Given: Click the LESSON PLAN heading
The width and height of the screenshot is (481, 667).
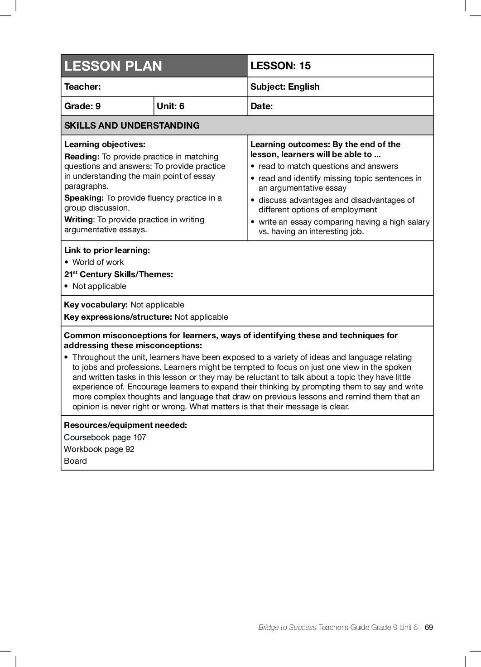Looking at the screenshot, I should pyautogui.click(x=113, y=66).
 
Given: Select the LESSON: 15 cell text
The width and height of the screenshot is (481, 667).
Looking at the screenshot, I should pyautogui.click(x=280, y=66).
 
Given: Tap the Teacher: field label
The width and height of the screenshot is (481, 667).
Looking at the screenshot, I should pyautogui.click(x=82, y=86).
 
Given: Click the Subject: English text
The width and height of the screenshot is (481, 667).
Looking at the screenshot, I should pyautogui.click(x=285, y=86).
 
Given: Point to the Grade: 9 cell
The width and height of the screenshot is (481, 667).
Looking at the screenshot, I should pyautogui.click(x=82, y=106).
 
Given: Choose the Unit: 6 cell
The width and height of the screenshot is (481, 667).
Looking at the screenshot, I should pyautogui.click(x=170, y=106).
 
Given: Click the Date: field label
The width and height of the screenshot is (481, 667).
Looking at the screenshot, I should pyautogui.click(x=261, y=106).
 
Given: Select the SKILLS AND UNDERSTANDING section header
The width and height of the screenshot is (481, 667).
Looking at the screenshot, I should pyautogui.click(x=132, y=125).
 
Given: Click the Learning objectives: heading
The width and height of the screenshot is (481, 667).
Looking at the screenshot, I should pyautogui.click(x=105, y=144).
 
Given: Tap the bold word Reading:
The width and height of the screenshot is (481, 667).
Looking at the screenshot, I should pyautogui.click(x=82, y=157).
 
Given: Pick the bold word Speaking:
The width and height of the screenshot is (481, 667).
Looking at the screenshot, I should pyautogui.click(x=84, y=198).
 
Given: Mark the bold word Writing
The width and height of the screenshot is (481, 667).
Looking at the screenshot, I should pyautogui.click(x=78, y=220).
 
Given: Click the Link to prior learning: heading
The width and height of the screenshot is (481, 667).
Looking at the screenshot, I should pyautogui.click(x=107, y=250).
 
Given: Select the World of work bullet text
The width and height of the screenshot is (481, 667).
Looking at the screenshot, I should pyautogui.click(x=98, y=262).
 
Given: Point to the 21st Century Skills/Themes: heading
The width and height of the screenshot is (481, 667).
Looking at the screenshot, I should pyautogui.click(x=119, y=274).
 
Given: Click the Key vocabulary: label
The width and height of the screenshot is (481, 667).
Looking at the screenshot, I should pyautogui.click(x=96, y=305).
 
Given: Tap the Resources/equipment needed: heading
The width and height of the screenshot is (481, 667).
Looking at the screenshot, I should pyautogui.click(x=125, y=425).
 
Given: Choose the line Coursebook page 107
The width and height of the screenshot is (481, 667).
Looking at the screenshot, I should pyautogui.click(x=105, y=437).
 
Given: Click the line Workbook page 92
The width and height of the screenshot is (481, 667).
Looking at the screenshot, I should pyautogui.click(x=99, y=449).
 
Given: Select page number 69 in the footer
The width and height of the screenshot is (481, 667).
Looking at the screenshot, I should pyautogui.click(x=429, y=627).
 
